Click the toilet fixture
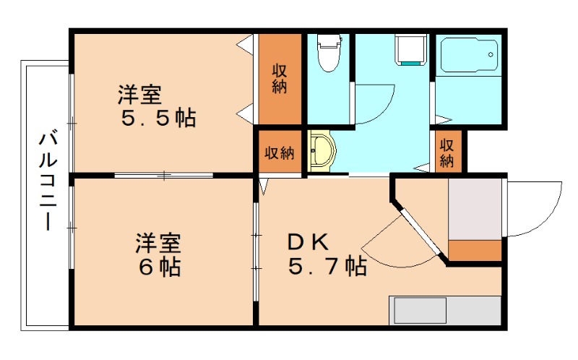[x=329, y=53]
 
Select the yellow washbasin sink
[x=322, y=150]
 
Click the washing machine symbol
[x=410, y=50]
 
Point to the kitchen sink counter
[x=445, y=311]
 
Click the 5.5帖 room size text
[x=158, y=119]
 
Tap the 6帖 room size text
[x=160, y=267]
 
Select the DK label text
[x=308, y=242]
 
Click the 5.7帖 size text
[x=327, y=266]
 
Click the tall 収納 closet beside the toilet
[x=280, y=79]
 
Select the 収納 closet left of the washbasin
[x=280, y=152]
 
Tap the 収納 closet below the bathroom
[x=447, y=152]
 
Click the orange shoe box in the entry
[x=475, y=250]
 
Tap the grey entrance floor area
[x=475, y=210]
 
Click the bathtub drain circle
[x=491, y=55]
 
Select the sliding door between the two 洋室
[x=164, y=176]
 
